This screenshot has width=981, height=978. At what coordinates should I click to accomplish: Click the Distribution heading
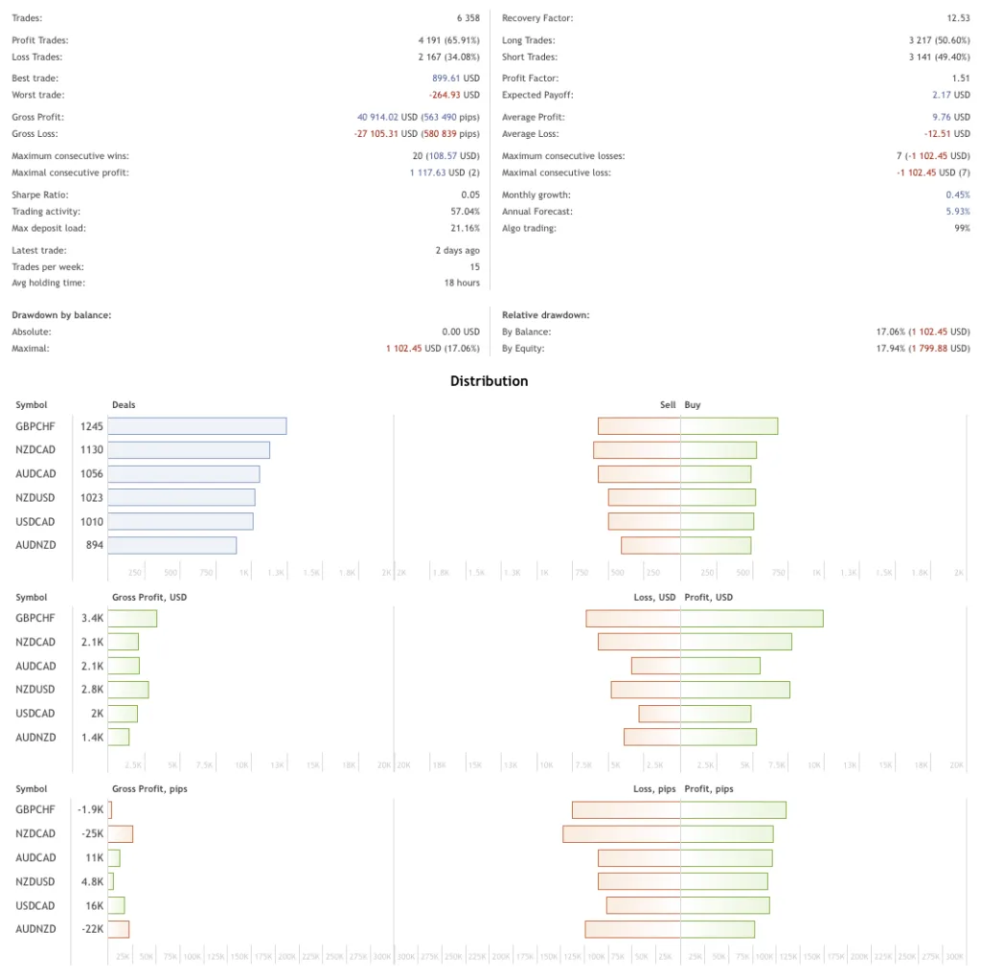tap(489, 381)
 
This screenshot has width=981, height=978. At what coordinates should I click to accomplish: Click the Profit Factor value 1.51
tap(961, 79)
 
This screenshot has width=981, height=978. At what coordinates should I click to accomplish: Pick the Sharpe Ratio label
tap(39, 194)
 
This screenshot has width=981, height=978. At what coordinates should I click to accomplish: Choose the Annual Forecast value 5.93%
tap(957, 212)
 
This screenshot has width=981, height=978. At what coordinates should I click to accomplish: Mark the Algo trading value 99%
tap(961, 229)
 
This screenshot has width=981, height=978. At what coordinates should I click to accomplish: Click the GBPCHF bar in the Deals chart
tap(196, 426)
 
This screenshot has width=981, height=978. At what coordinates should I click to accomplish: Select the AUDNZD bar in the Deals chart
tap(171, 545)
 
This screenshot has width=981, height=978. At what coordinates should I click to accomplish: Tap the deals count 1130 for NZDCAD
tap(92, 450)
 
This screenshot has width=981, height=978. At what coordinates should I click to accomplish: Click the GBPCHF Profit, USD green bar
tap(752, 619)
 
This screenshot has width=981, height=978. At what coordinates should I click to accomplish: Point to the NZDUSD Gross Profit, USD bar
tap(128, 690)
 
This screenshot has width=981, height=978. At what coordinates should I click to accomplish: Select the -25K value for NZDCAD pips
tap(92, 834)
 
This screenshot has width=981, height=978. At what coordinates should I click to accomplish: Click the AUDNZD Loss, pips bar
tap(632, 929)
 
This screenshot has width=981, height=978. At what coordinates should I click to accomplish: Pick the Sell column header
tap(668, 405)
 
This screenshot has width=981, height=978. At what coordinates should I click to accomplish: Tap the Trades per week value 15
tap(474, 267)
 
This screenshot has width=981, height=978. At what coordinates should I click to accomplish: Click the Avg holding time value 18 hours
tap(461, 284)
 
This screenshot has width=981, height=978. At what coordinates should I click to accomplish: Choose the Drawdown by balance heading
tap(61, 315)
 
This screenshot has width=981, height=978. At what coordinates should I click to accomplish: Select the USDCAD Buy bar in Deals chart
tap(718, 521)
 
